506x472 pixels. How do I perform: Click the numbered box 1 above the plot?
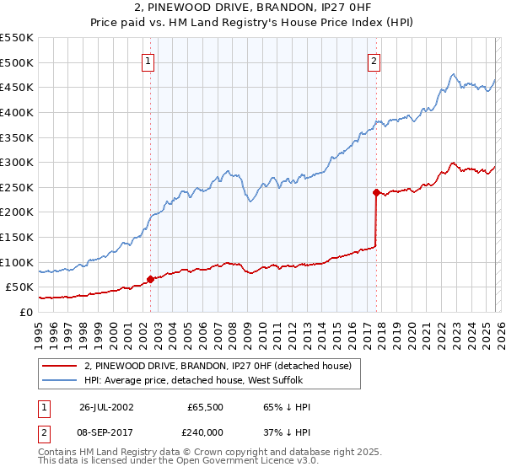pos(148,61)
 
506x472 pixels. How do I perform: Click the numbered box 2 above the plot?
pos(373,61)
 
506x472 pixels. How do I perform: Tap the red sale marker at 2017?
pos(376,192)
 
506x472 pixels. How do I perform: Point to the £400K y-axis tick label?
pos(17,112)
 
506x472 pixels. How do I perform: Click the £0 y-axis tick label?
pos(26,312)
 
